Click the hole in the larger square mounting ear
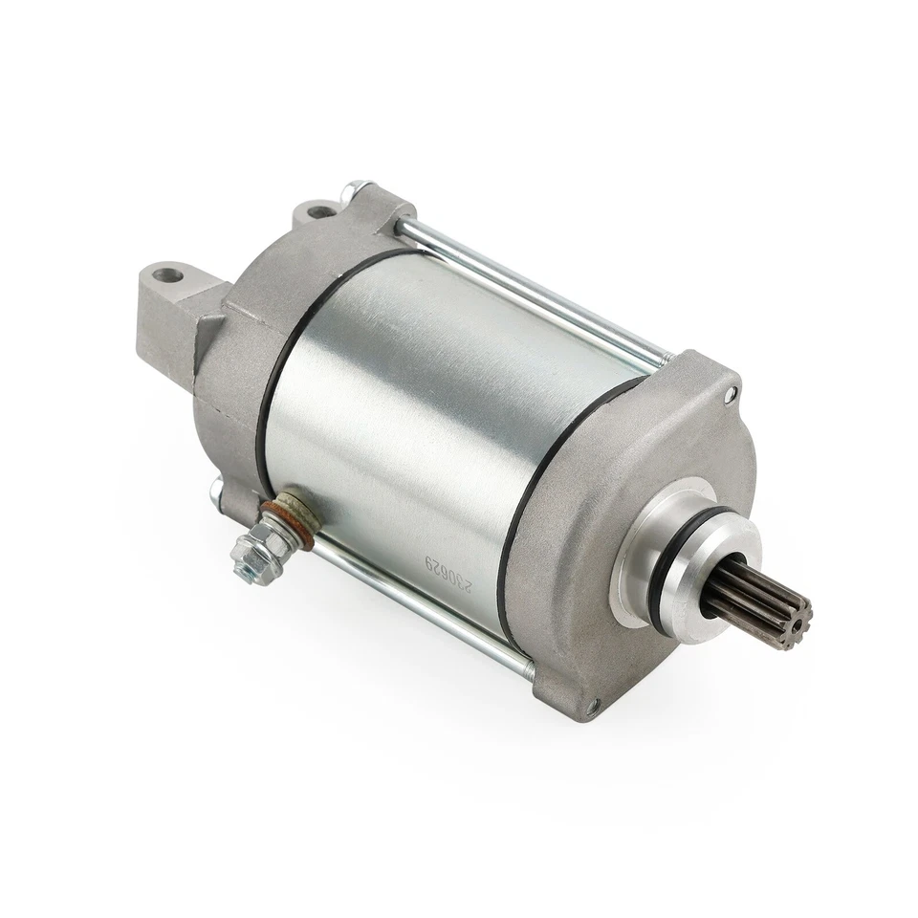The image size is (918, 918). tap(171, 276)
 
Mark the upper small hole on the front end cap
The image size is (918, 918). tap(732, 392)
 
